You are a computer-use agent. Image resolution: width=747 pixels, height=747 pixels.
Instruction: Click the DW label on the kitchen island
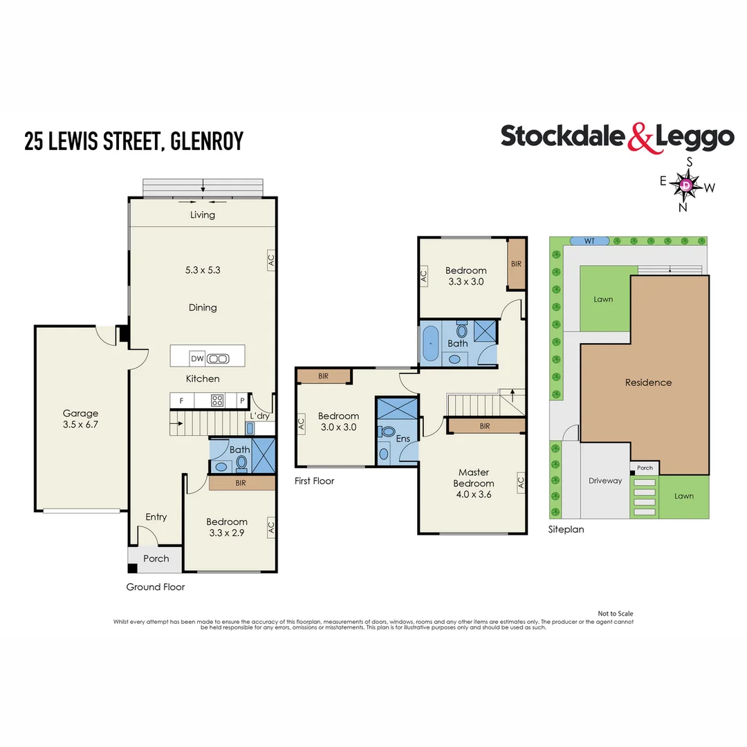pos(197,358)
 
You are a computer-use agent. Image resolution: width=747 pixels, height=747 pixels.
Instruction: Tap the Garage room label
pos(81,419)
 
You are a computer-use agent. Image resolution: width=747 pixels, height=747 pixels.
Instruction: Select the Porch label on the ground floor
pos(156,558)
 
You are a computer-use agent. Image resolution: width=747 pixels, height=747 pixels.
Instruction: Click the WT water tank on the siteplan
pos(589,241)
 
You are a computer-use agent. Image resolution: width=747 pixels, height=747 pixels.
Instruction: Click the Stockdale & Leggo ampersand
pos(640,137)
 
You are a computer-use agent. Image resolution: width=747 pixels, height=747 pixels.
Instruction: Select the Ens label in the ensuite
pos(403,439)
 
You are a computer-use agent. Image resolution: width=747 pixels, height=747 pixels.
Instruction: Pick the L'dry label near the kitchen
pos(260,415)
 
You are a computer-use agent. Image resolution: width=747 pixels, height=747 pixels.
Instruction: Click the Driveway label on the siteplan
pos(605,481)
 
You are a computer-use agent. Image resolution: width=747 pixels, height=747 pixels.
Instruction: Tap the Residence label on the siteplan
pos(648,382)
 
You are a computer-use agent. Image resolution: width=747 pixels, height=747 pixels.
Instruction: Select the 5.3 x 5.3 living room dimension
pos(203,270)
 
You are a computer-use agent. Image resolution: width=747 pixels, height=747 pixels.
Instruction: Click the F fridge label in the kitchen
pos(182,400)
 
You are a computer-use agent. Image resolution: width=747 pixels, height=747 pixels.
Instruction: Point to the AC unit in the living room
pos(271,261)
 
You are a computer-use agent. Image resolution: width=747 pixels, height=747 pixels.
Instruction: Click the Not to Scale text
pos(615,614)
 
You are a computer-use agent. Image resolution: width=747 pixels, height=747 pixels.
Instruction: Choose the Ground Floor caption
pos(155,587)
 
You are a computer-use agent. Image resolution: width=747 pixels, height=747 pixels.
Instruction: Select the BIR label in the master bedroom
pos(484,426)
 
